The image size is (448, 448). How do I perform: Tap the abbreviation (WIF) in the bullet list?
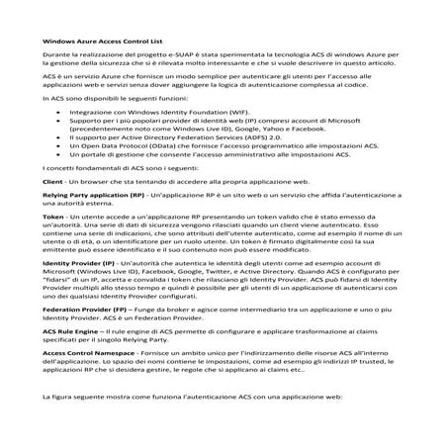259,114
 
